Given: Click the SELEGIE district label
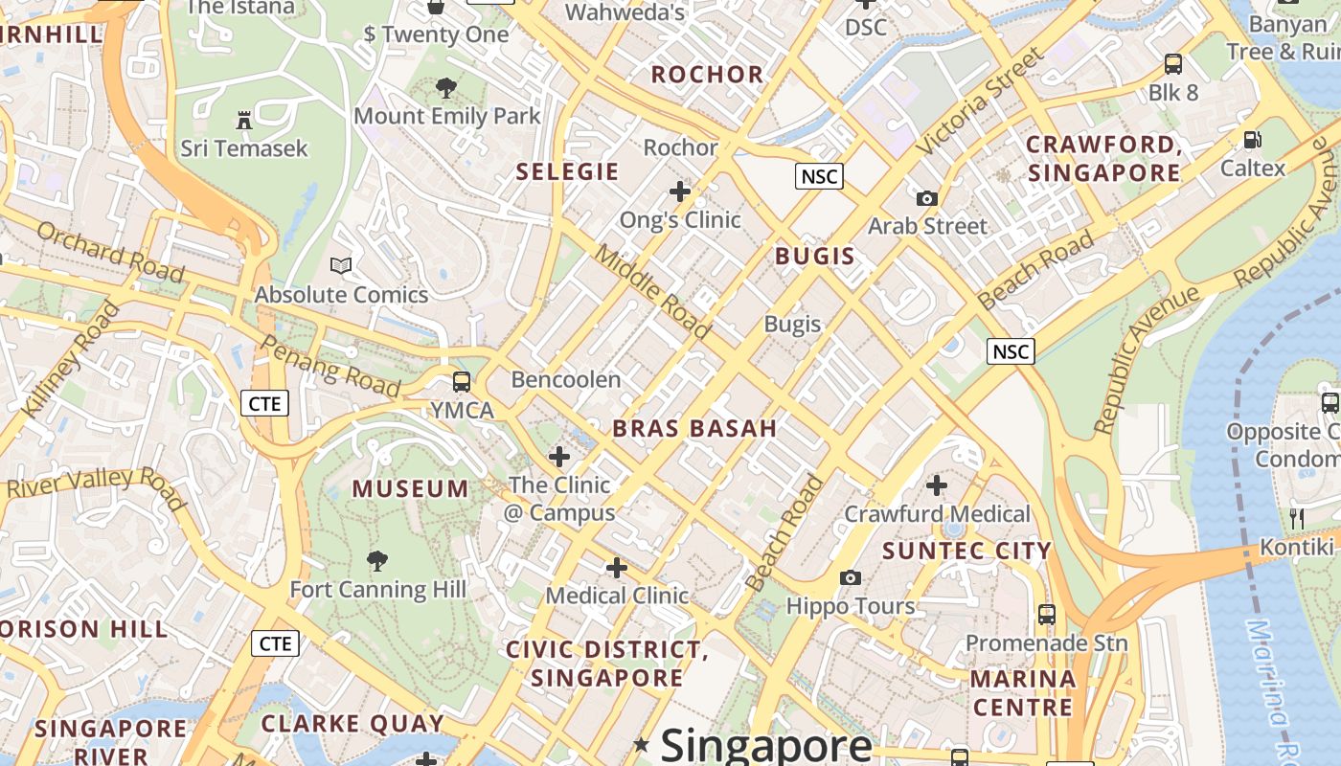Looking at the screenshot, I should (x=567, y=172).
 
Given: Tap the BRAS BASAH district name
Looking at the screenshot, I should (x=694, y=428).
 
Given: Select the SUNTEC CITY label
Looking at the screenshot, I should (x=966, y=551).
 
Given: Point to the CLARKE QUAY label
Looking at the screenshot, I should (x=352, y=724).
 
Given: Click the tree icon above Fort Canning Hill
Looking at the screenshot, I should (x=377, y=560).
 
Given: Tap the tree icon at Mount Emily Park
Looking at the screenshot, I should (x=445, y=89).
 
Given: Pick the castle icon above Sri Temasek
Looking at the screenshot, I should (x=244, y=121).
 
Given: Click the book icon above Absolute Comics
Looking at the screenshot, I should (x=341, y=265).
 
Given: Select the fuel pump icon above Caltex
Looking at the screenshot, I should (x=1252, y=140).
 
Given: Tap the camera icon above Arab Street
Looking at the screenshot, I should (x=926, y=198).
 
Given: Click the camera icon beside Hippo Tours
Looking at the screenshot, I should (x=850, y=577).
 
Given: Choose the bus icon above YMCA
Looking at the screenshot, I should (x=462, y=382).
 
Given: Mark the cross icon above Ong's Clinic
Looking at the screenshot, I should (x=680, y=191).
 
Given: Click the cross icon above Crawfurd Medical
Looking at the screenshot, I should (x=937, y=485).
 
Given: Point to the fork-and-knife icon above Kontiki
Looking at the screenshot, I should (x=1297, y=519).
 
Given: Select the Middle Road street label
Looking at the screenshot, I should (x=653, y=291).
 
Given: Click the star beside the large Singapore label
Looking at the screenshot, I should (x=641, y=744).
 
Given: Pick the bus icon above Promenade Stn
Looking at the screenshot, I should (x=1046, y=614).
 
